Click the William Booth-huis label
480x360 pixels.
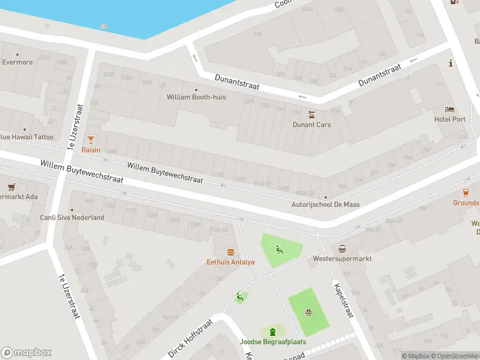pos(196,97)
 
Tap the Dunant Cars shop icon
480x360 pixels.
pos(311,115)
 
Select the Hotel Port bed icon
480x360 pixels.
pos(449,109)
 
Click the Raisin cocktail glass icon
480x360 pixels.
pos(91,139)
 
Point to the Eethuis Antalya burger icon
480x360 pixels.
pos(230,252)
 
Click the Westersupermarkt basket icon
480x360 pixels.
pos(342,249)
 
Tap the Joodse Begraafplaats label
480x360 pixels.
pos(273,342)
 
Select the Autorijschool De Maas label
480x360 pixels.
pos(325,205)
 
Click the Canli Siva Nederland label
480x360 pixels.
pos(72,218)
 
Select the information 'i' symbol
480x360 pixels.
pos(450,63)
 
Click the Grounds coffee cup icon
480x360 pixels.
pos(466,193)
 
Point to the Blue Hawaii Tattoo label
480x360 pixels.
pos(26,137)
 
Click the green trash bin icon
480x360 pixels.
pos(273,332)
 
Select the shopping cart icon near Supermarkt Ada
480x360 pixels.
pos(10,187)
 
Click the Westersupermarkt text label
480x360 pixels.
pos(343,259)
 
